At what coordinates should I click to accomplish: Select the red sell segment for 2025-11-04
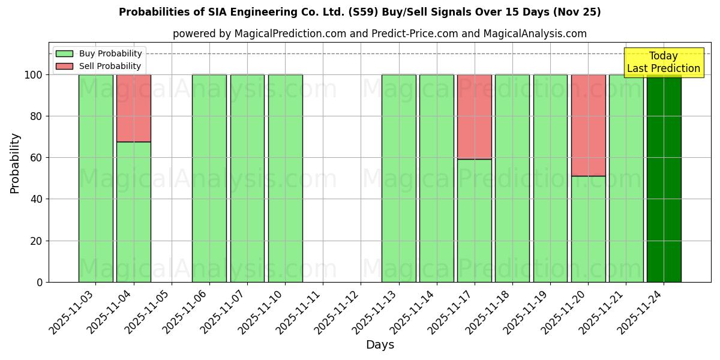134,108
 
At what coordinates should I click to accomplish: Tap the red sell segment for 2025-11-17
475,116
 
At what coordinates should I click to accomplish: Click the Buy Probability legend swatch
64,54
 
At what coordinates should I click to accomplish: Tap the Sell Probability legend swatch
64,67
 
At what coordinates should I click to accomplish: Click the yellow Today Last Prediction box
664,62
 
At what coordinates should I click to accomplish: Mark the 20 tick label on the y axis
36,241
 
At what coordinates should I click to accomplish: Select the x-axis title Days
380,345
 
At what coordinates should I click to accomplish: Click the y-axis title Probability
15,163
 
